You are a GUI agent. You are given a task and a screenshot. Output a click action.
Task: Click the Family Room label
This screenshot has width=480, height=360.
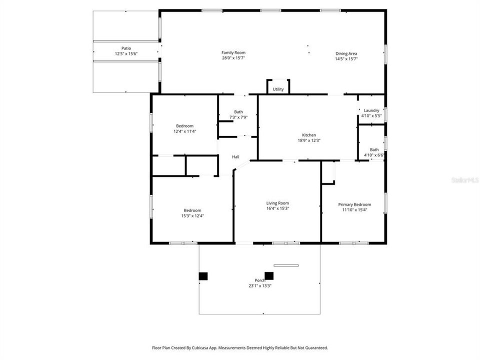coord(233,52)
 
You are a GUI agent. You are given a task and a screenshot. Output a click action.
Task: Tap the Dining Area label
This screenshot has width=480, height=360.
coord(346,53)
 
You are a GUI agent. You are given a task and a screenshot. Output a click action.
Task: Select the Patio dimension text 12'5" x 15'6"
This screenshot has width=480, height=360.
coord(126,54)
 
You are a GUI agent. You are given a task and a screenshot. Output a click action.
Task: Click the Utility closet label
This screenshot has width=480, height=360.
coord(278,89)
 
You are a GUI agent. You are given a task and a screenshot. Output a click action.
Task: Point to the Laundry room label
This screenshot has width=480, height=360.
coord(371,110)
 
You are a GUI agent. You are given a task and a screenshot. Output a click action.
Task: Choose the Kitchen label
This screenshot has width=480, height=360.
coord(308,135)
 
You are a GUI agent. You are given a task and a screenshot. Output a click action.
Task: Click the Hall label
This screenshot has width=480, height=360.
coord(235,157)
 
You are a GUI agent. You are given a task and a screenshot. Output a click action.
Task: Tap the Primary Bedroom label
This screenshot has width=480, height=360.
coord(354,204)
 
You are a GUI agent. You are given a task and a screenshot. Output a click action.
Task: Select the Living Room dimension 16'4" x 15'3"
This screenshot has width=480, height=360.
coord(277,208)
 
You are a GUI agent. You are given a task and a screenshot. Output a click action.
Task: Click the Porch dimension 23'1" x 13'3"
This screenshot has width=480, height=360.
coord(259,286)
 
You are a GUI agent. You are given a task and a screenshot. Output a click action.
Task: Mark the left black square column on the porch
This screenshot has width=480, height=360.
coord(203,275)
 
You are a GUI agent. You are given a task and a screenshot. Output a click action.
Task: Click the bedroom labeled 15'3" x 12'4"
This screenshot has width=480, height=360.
coord(192,213)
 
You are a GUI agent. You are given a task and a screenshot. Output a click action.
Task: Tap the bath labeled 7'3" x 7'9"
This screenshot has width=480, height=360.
coord(238,114)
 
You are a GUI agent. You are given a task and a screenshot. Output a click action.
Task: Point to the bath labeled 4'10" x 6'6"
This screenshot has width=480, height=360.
coord(374,152)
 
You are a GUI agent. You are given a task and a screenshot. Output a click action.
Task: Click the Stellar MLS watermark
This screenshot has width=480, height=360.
coord(464,179)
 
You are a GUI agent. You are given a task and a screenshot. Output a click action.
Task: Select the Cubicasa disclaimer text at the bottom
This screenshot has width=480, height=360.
coord(240,347)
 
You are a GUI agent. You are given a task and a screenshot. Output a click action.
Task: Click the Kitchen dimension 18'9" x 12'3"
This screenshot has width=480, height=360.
coord(308,140)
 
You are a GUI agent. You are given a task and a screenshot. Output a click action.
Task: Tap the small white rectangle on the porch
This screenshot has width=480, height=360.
coord(286,265)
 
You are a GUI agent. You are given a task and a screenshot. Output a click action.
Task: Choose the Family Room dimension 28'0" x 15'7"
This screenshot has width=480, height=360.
coord(233,58)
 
